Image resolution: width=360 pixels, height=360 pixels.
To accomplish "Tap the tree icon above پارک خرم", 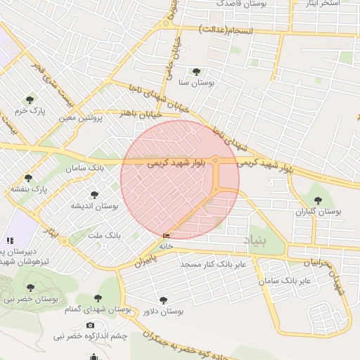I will point(30,99).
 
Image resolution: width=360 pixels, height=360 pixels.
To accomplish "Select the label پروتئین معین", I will point(82,118).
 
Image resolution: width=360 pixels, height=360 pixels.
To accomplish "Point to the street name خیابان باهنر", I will point(141,113).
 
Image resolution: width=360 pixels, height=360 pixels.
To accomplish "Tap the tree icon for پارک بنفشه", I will point(28,178).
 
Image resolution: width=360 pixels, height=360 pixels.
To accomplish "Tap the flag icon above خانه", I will point(167,236).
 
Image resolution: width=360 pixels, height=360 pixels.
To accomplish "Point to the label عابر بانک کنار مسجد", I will point(212,264).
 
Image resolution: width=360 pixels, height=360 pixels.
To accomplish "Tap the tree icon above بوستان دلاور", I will point(164,300).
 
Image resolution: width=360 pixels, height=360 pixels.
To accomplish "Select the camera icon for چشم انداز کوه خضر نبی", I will point(90,325).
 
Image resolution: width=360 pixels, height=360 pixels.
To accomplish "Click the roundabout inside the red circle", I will point(215,161).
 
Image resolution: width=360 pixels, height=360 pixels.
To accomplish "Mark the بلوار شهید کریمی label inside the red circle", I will point(177,162).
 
